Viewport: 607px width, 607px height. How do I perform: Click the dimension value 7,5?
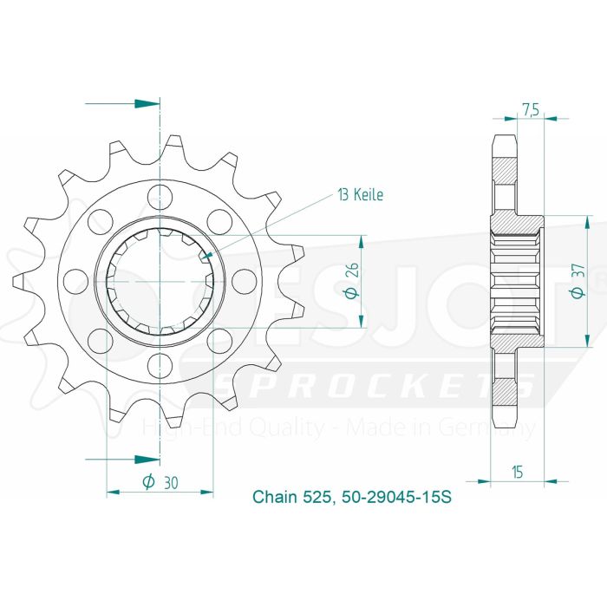[x=531, y=109]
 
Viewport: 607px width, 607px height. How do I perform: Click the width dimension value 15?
[x=517, y=472]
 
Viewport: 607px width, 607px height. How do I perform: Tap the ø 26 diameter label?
[x=350, y=282]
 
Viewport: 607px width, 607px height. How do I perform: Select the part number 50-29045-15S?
[x=394, y=498]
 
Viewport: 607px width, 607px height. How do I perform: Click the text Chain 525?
[x=290, y=498]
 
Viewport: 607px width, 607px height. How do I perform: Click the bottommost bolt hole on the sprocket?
[x=160, y=362]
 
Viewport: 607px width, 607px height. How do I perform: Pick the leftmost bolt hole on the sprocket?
[x=75, y=280]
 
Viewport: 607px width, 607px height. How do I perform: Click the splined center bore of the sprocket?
[x=160, y=280]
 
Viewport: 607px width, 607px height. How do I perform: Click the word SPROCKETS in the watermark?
[x=373, y=388]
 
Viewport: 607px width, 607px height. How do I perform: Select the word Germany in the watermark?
[x=498, y=428]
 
